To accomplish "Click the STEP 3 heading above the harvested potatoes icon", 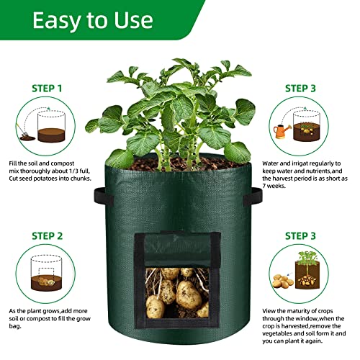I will click(308, 235).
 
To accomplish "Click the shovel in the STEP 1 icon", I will click(27, 135).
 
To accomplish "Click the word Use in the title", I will click(150, 19).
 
